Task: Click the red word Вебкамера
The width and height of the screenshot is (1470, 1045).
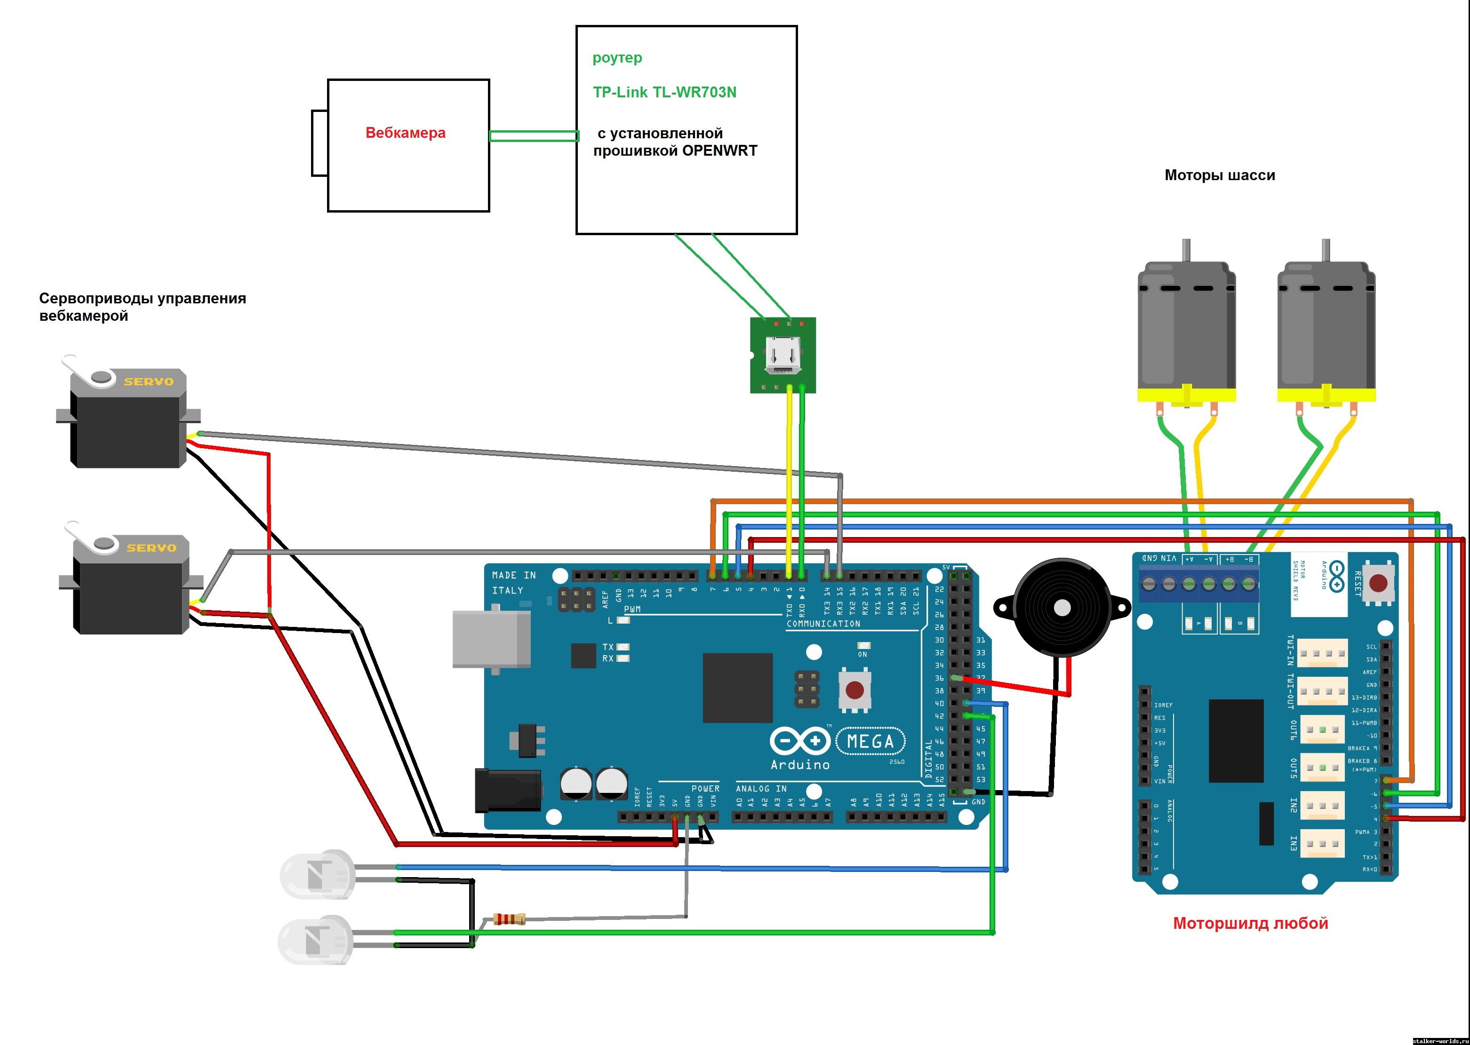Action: coord(405,133)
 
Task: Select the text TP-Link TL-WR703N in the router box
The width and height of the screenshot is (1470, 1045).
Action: coord(664,93)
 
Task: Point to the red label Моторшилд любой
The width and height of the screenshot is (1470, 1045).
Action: coord(1250,923)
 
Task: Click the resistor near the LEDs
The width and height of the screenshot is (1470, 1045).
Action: coord(509,919)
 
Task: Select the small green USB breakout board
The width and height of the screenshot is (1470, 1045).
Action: coord(783,355)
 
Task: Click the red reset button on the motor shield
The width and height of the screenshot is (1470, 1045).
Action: coord(1378,584)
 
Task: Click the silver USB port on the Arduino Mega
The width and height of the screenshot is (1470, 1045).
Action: coord(491,639)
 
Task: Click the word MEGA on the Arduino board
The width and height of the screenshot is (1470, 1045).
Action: coord(870,742)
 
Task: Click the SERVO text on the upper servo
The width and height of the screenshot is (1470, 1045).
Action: coord(149,381)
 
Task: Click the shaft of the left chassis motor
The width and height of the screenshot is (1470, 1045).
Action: coord(1186,250)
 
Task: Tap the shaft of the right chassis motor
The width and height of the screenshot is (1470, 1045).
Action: coord(1326,250)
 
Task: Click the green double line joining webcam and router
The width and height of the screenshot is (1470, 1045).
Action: coord(533,136)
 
